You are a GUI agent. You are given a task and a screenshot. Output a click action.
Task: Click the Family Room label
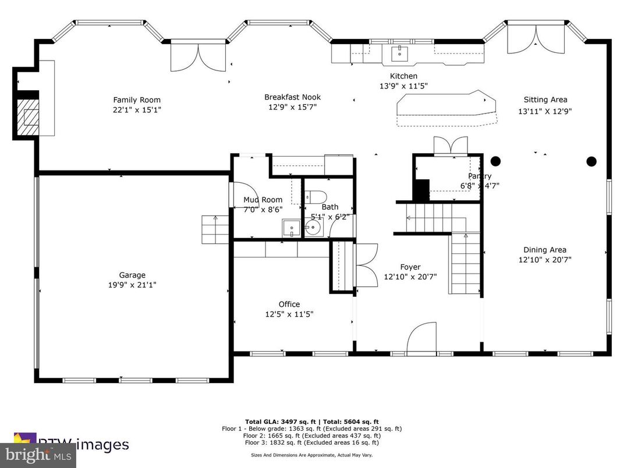pos(137,100)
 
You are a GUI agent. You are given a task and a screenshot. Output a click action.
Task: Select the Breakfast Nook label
pos(292,97)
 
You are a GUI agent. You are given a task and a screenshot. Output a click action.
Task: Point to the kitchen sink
pos(400,54)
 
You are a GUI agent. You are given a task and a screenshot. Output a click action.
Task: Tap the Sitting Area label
pos(545,100)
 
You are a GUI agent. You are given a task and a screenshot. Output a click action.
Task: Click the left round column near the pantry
pos(496,161)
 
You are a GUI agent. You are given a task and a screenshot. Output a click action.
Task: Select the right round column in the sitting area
pos(591,161)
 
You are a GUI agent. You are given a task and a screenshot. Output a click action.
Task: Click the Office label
pos(289,304)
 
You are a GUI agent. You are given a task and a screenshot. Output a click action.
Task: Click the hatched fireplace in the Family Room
pos(27,116)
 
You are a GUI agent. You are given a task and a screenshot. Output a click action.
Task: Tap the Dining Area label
pos(544,250)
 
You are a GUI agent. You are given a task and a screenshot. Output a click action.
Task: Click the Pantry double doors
pos(451,146)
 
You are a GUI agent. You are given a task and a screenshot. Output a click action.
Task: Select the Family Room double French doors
pos(198,57)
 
